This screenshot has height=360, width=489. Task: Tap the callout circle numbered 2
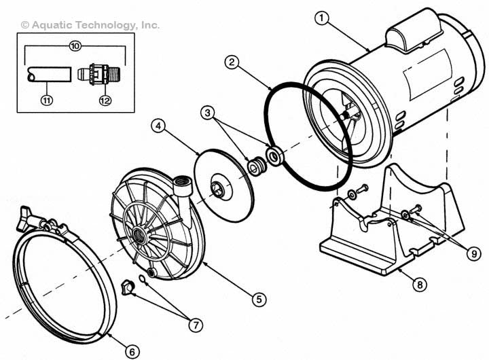[232, 62]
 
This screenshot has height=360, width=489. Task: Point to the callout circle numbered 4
[158, 126]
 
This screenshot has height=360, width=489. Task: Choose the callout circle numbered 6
[132, 351]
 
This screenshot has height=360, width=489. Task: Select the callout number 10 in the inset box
[75, 46]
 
